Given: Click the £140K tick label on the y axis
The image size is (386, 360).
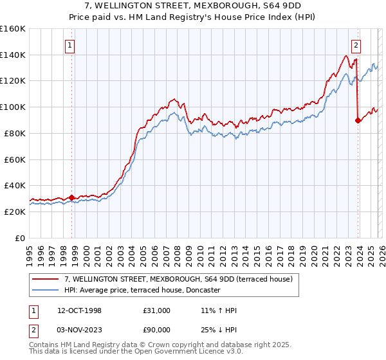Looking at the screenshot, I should coord(13,55).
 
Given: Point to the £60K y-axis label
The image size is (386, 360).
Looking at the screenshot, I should coord(15,159).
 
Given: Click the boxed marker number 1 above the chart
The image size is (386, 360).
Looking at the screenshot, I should coord(69,45).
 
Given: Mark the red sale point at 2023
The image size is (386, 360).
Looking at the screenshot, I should coord(358,120).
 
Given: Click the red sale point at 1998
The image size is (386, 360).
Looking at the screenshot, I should coord(72,197).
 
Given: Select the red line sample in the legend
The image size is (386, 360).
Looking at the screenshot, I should coord(47,279).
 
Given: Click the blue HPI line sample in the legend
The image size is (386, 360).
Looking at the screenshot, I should coord(47,290).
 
